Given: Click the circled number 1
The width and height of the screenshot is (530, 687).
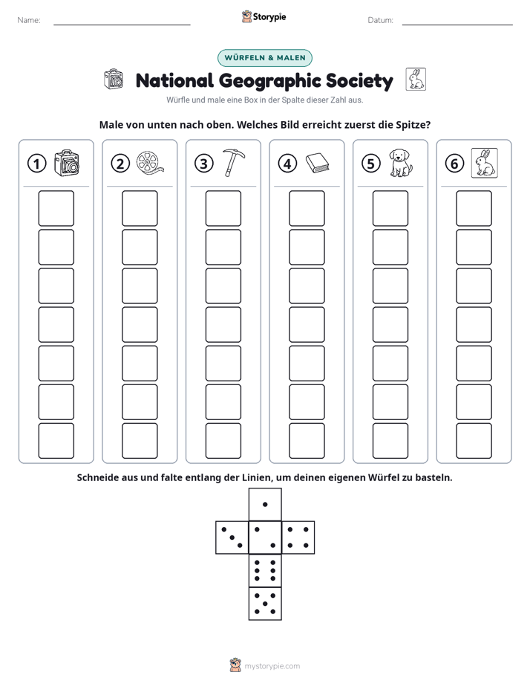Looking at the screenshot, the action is click(x=36, y=164).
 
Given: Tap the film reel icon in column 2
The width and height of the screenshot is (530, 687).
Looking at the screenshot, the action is click(x=149, y=163).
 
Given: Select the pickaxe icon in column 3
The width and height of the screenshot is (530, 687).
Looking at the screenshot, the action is click(x=234, y=163).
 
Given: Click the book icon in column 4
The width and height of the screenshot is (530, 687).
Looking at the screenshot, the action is click(x=317, y=163).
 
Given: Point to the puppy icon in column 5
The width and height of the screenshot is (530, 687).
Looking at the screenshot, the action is click(x=401, y=163).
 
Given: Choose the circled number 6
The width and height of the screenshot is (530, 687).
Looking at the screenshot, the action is click(x=454, y=164).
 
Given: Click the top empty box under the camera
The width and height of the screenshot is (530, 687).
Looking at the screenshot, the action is click(x=56, y=208).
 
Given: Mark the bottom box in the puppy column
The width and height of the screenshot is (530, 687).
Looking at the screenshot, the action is click(x=390, y=441).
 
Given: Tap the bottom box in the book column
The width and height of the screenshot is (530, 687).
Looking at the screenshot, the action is click(x=307, y=441).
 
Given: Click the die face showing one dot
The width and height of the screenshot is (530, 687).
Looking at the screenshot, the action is click(x=265, y=505).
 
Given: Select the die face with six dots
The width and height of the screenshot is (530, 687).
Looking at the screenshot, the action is click(x=265, y=570).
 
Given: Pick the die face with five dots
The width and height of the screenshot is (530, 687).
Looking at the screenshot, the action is click(x=265, y=604).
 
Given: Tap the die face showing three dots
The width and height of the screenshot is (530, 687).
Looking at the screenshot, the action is click(x=232, y=538).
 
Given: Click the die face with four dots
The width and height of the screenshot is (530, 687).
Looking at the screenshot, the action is click(x=298, y=538).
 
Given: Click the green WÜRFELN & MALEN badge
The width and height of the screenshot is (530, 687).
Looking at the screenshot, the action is click(x=265, y=58).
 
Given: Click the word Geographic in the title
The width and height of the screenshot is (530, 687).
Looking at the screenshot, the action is click(x=269, y=81).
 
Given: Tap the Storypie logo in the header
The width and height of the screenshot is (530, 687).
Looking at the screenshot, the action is click(x=264, y=17).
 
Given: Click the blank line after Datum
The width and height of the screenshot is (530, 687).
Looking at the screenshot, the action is click(x=457, y=25).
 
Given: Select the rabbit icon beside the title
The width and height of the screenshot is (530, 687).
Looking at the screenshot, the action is click(x=416, y=80).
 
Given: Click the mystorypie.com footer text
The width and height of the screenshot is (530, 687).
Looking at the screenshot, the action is click(x=272, y=666).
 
